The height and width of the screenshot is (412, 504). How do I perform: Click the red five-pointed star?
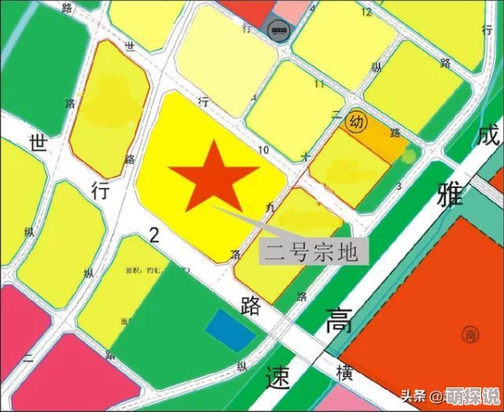click(x=213, y=177)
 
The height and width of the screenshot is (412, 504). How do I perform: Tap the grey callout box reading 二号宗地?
click(x=314, y=252)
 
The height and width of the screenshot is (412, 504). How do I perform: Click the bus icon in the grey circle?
click(x=277, y=31)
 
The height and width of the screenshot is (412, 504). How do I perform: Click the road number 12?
click(x=367, y=13)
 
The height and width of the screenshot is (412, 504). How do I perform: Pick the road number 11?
click(x=319, y=84)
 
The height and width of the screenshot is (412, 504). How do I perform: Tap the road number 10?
click(x=263, y=151)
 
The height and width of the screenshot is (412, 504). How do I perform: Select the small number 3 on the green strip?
click(x=399, y=185)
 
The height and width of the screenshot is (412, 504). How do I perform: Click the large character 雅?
click(x=451, y=194)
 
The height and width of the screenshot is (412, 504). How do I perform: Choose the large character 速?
click(x=278, y=376)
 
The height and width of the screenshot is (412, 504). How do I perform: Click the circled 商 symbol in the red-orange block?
click(x=469, y=335)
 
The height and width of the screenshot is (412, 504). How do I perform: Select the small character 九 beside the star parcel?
click(x=270, y=206)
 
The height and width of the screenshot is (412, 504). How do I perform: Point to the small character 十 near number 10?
click(x=305, y=156)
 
